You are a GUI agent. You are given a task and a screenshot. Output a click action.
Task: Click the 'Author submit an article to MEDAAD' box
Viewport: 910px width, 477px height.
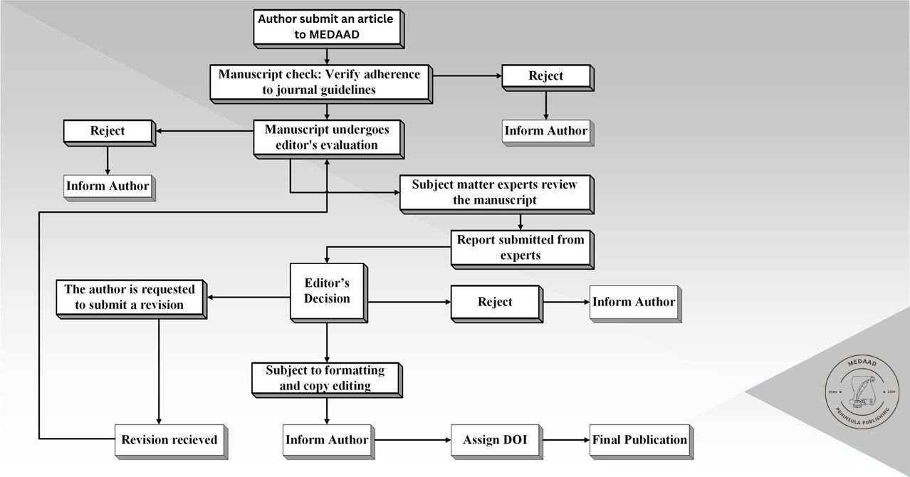(x=326, y=27)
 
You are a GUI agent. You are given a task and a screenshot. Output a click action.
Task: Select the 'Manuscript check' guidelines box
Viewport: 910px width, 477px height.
(x=319, y=82)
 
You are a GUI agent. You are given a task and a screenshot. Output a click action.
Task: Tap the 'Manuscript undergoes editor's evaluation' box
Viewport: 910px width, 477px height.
(x=327, y=137)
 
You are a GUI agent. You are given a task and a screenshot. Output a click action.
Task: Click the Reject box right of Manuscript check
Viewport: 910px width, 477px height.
(x=545, y=76)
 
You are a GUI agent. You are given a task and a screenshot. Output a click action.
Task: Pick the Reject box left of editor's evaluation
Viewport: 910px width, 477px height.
(x=108, y=131)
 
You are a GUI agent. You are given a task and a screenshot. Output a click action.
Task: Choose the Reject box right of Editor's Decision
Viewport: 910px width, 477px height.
(x=495, y=302)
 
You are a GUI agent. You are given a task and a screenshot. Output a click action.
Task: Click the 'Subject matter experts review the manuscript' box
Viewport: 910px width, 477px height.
(x=494, y=192)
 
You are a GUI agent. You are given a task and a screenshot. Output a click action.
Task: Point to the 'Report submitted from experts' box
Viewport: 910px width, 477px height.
(x=521, y=248)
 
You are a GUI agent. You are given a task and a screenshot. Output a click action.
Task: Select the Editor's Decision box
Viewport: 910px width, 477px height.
(x=327, y=290)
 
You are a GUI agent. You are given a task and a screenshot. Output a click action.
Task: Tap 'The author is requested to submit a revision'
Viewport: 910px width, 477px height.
(x=130, y=298)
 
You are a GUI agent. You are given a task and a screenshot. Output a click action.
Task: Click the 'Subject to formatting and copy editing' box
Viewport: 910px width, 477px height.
(x=325, y=378)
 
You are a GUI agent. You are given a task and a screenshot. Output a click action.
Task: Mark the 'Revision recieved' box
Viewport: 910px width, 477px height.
(x=169, y=440)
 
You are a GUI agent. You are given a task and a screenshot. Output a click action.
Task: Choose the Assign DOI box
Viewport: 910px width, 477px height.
(x=495, y=440)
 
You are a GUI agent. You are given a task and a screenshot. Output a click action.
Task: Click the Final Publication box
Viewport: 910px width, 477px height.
(x=639, y=440)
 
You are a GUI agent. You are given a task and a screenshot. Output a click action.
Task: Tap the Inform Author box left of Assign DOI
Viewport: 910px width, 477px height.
(x=327, y=440)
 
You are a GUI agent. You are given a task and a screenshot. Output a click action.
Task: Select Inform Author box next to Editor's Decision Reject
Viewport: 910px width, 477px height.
(x=633, y=302)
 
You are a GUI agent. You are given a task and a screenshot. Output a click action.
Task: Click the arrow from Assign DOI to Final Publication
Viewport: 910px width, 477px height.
(x=567, y=440)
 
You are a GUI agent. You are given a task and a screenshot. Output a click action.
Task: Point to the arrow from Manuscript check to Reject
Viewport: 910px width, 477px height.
(x=467, y=75)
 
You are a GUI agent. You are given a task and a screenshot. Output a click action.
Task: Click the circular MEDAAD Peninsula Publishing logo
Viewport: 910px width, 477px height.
(x=862, y=393)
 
